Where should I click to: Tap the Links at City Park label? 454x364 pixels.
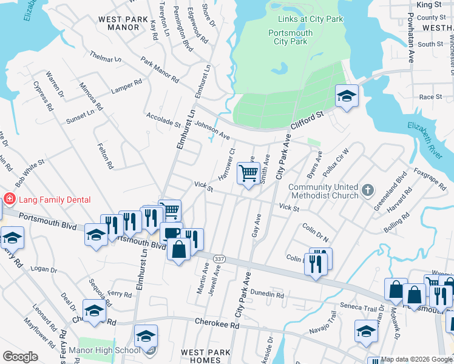pyautogui.click(x=307, y=19)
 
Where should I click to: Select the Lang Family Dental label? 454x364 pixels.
pyautogui.click(x=55, y=200)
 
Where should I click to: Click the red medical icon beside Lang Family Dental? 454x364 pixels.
pyautogui.click(x=10, y=199)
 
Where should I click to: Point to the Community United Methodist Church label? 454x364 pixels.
pyautogui.click(x=324, y=190)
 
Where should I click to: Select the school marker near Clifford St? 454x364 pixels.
pyautogui.click(x=347, y=96)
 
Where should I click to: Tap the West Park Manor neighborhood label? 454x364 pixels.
pyautogui.click(x=123, y=23)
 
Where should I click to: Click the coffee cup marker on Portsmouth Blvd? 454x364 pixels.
pyautogui.click(x=171, y=233)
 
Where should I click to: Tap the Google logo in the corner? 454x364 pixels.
pyautogui.click(x=20, y=357)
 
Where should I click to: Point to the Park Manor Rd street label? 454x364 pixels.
pyautogui.click(x=160, y=70)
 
